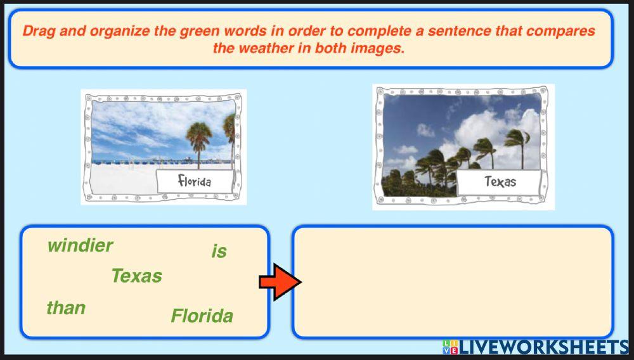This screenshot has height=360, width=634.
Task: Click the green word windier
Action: (x=80, y=245)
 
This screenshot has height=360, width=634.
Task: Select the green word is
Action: (x=219, y=252)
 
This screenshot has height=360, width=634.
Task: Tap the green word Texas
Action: (x=136, y=276)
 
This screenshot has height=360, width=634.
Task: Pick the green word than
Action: (x=66, y=308)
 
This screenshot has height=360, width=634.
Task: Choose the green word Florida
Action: (x=202, y=316)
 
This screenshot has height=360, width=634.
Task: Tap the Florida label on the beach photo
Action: (x=195, y=182)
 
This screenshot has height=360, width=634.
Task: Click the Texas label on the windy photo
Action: (x=500, y=182)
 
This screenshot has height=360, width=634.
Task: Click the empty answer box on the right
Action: (x=452, y=281)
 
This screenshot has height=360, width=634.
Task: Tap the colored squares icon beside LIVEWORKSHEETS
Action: (x=450, y=347)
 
